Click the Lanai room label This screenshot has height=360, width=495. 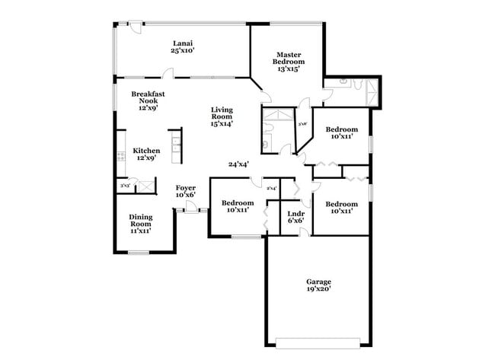pyautogui.click(x=183, y=43)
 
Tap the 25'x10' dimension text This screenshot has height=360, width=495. pyautogui.click(x=183, y=51)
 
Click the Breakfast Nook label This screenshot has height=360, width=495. pyautogui.click(x=148, y=97)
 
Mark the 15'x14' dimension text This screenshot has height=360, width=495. pyautogui.click(x=222, y=123)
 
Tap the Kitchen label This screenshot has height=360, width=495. pyautogui.click(x=147, y=151)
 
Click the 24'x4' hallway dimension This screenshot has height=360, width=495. pyautogui.click(x=238, y=164)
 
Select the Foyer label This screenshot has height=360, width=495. pyautogui.click(x=186, y=187)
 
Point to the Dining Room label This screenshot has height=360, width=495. pyautogui.click(x=140, y=221)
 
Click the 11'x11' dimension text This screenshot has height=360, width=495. pyautogui.click(x=140, y=231)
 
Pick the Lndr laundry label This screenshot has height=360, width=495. pyautogui.click(x=296, y=214)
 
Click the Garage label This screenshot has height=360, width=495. pyautogui.click(x=318, y=282)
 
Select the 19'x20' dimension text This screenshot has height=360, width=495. pyautogui.click(x=318, y=289)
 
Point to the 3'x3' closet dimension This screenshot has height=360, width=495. pyautogui.click(x=124, y=186)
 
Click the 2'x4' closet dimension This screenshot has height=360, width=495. pyautogui.click(x=271, y=188)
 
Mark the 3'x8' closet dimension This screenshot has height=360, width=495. pyautogui.click(x=302, y=124)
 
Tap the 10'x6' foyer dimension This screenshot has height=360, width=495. pyautogui.click(x=186, y=196)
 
